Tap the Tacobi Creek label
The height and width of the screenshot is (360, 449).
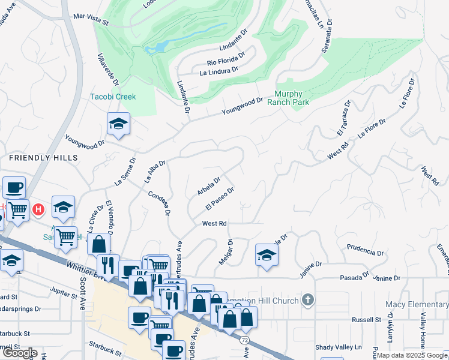click(113, 97)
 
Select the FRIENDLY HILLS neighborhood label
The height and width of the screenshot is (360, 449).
click(43, 157)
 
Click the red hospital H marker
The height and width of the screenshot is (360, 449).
click(38, 209)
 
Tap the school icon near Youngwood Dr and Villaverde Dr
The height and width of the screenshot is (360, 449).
click(118, 124)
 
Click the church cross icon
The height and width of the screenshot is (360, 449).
click(308, 299)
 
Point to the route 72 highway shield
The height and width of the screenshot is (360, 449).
click(246, 340)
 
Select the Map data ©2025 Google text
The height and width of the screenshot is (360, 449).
click(412, 355)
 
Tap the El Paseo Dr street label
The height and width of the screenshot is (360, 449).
click(219, 198)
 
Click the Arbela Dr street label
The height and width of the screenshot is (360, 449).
click(209, 185)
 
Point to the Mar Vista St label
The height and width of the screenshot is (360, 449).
click(90, 19)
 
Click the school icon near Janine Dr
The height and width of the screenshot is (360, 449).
click(267, 254)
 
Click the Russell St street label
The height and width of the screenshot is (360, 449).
click(367, 319)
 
